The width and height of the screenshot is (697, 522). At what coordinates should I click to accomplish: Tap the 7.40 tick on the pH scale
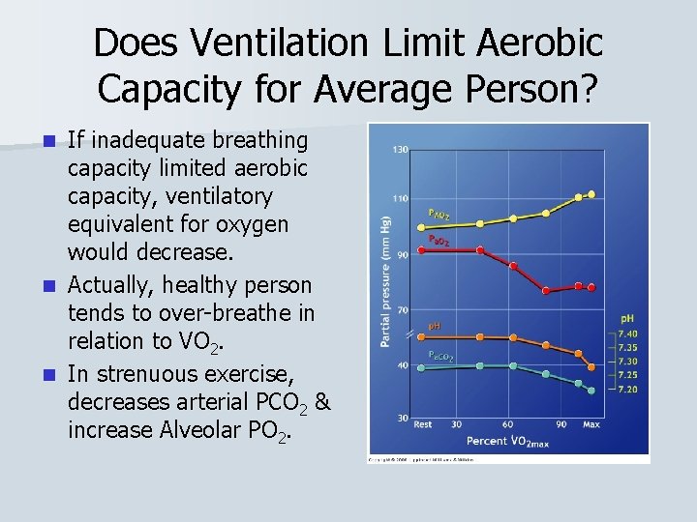click(626, 333)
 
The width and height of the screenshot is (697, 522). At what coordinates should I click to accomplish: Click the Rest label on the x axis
click(423, 424)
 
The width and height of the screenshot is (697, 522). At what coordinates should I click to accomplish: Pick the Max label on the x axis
click(591, 424)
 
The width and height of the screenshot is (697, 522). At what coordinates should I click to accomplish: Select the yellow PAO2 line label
click(439, 213)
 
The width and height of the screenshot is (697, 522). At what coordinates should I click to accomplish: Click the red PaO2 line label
click(439, 238)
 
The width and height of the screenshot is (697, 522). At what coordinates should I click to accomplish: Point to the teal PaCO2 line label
click(440, 356)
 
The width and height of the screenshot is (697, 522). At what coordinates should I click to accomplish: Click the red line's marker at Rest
click(422, 250)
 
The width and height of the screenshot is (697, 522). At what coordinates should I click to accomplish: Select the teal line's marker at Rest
click(422, 367)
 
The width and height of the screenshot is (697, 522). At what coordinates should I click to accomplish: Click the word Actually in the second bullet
click(109, 285)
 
